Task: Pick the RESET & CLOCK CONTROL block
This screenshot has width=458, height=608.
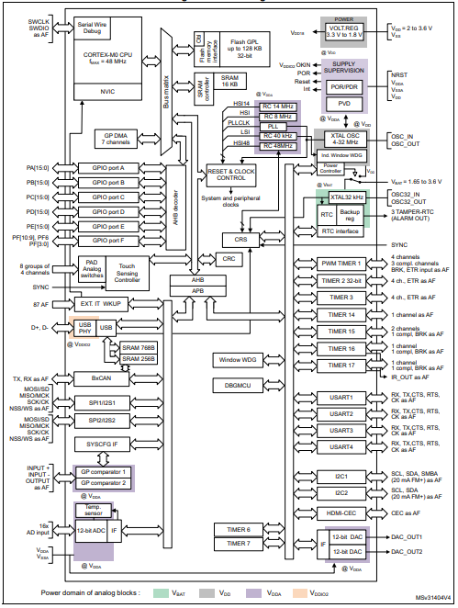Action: pyautogui.click(x=232, y=174)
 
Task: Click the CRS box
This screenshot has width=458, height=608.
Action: pyautogui.click(x=241, y=239)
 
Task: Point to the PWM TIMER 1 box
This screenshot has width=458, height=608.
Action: pyautogui.click(x=330, y=263)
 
